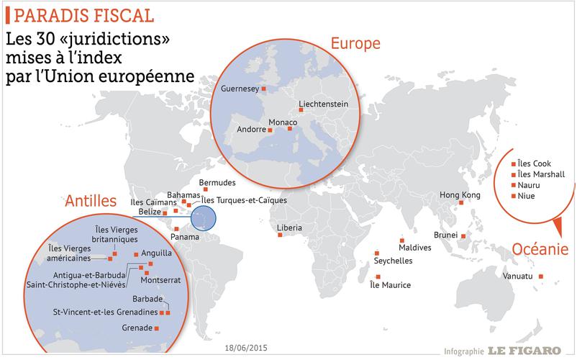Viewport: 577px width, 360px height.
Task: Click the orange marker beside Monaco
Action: click(290, 130)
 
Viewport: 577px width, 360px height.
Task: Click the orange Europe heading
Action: click(355, 44)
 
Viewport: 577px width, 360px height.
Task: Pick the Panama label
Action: click(184, 238)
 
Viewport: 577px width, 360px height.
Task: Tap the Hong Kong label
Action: click(460, 196)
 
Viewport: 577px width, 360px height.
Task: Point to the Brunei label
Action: click(446, 235)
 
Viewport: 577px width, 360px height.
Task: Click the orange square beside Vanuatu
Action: click(541, 277)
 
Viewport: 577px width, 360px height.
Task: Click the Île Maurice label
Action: click(389, 286)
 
